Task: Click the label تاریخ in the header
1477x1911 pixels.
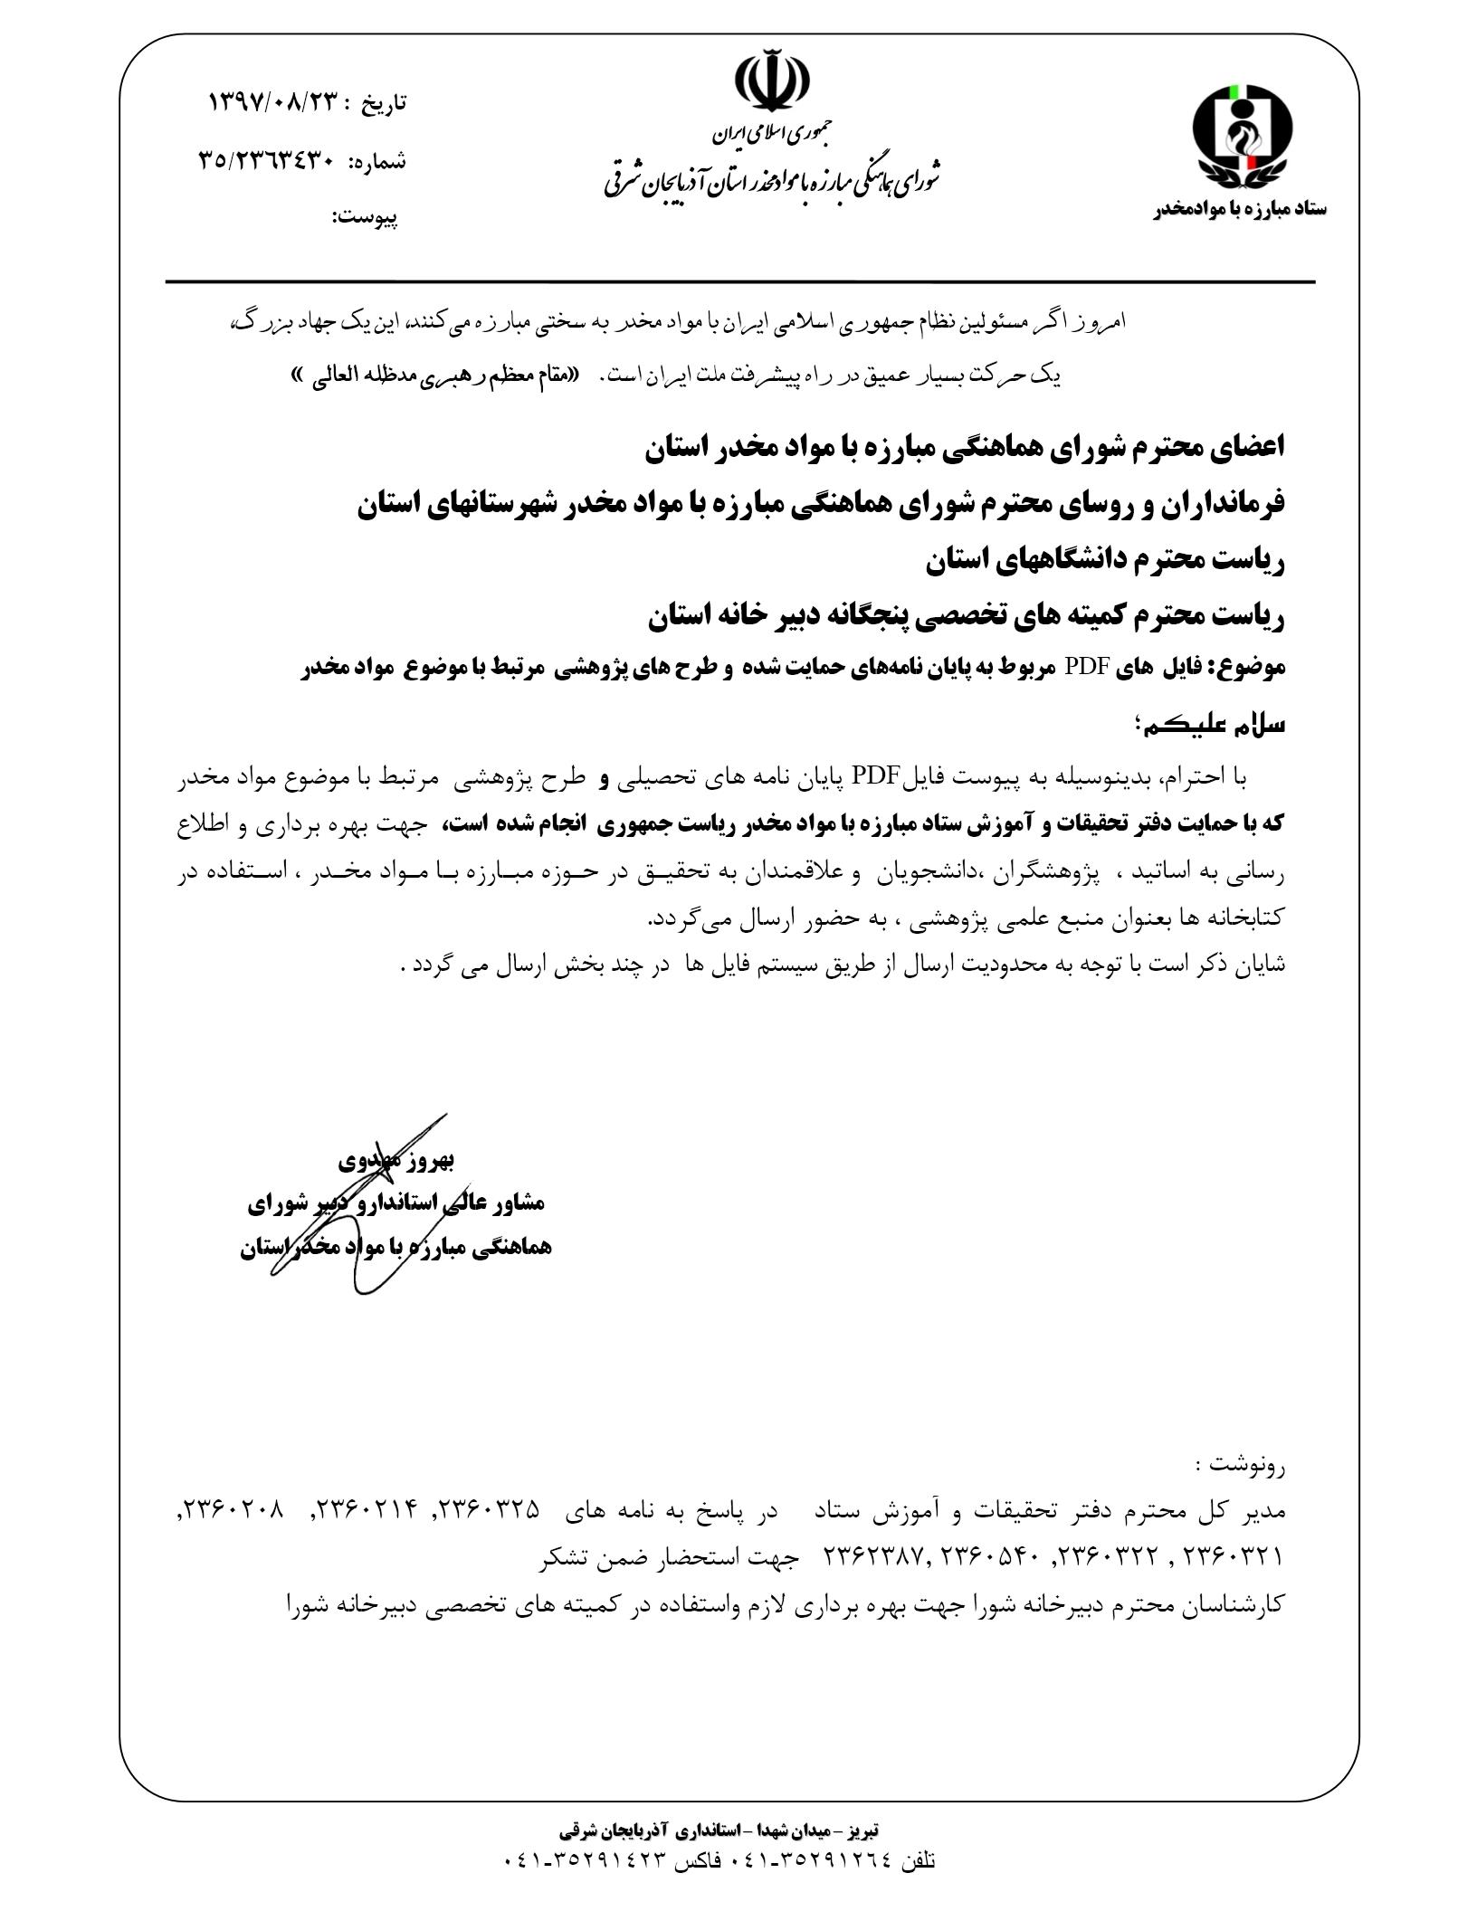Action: pyautogui.click(x=384, y=103)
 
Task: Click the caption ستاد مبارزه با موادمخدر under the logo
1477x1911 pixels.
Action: pyautogui.click(x=1240, y=209)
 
